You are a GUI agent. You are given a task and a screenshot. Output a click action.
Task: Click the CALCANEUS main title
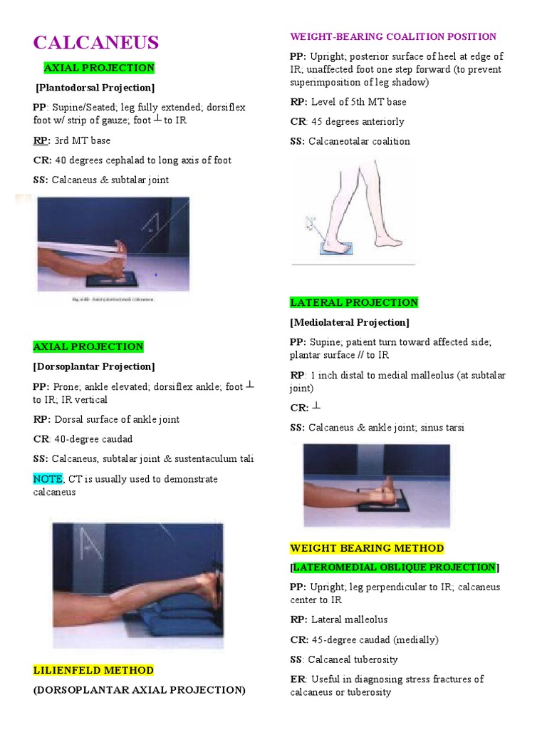coord(96,43)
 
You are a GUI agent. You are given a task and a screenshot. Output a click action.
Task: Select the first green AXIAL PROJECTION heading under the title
coord(99,68)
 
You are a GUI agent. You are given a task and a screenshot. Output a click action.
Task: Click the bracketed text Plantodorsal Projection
coord(95,88)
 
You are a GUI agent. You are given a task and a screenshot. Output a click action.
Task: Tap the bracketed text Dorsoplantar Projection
coord(93,366)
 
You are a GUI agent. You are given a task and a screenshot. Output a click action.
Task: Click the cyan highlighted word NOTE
coord(47,479)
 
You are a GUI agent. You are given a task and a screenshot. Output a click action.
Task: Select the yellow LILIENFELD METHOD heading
coord(93,670)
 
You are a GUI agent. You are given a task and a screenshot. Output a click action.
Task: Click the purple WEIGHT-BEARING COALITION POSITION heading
coord(393,36)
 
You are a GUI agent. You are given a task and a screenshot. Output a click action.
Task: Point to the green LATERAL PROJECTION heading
coord(354,302)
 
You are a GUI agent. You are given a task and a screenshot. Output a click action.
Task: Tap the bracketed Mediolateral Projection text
coord(350,322)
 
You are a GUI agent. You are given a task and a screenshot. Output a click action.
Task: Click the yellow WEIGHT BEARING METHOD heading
coord(367,548)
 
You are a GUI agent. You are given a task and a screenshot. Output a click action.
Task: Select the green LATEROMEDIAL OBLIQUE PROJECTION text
coord(395,567)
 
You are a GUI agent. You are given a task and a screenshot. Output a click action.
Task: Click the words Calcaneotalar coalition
coord(359,141)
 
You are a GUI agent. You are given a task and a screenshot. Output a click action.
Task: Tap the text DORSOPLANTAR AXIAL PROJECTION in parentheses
coord(140,690)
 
